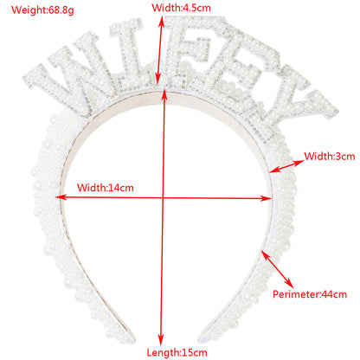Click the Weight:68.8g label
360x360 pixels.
point(42,10)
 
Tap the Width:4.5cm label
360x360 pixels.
point(181,8)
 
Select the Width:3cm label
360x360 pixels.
point(330,157)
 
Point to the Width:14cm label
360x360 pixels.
point(106,188)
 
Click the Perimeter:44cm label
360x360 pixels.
point(310,294)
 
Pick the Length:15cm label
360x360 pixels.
point(177,352)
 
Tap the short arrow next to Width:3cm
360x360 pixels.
point(286,166)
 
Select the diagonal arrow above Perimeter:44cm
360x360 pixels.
point(277,269)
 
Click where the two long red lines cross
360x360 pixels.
point(163,198)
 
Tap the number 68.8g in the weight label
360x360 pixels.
point(61,10)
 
